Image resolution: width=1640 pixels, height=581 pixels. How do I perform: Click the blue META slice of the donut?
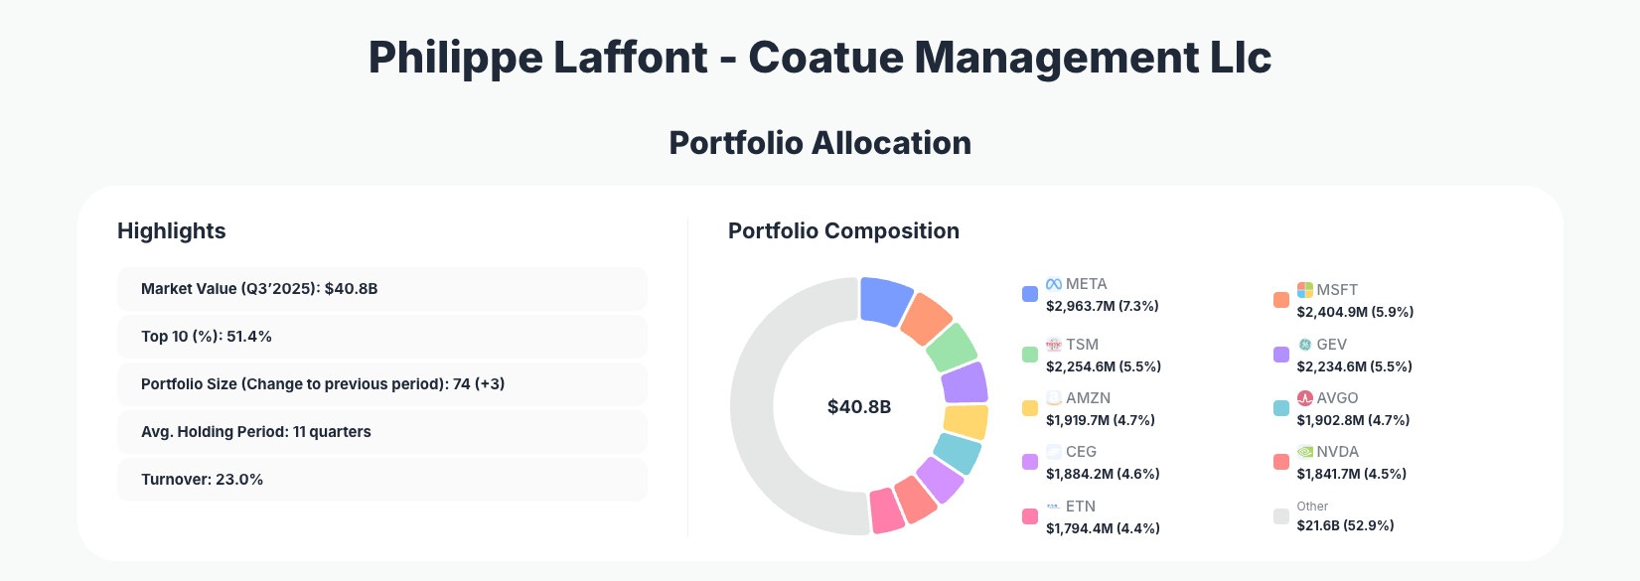click(x=885, y=300)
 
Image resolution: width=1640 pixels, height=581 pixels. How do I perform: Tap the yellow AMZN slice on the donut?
click(x=966, y=422)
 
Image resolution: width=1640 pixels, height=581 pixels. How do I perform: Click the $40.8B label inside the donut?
click(x=859, y=407)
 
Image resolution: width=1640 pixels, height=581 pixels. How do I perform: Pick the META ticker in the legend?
click(x=1086, y=284)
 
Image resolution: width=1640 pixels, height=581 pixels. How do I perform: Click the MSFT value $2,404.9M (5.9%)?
click(x=1355, y=312)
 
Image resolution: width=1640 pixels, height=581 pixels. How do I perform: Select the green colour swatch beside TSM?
click(x=1030, y=355)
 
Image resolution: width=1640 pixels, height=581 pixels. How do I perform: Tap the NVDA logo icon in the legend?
click(x=1305, y=452)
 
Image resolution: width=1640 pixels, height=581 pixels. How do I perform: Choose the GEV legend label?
click(x=1331, y=345)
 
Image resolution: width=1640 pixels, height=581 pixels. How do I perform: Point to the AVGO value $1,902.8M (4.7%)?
click(x=1353, y=420)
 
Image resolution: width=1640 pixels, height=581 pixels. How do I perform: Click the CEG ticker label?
click(x=1081, y=452)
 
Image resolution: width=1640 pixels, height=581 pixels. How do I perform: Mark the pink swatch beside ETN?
click(x=1030, y=516)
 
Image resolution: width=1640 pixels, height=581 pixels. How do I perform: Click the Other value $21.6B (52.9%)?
click(x=1345, y=525)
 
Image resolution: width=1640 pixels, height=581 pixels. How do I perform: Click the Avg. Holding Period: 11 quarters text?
click(x=256, y=432)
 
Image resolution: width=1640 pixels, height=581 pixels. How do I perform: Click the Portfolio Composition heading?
click(x=843, y=231)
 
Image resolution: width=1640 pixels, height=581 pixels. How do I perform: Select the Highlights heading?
click(x=172, y=231)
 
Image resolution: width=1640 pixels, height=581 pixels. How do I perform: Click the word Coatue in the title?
click(x=823, y=58)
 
